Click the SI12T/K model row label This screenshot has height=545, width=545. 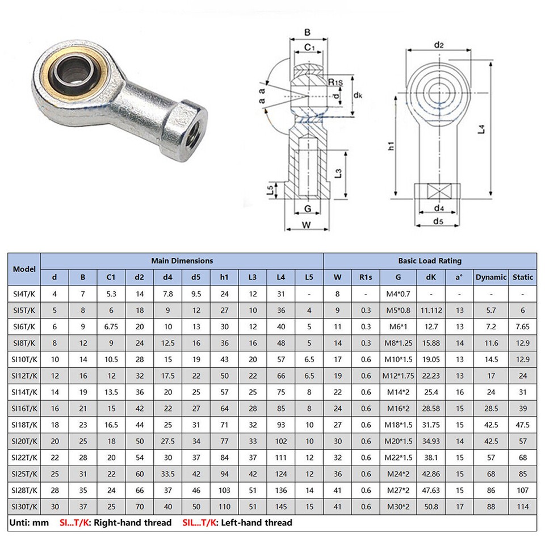click(x=25, y=375)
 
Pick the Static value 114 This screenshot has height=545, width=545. click(x=523, y=506)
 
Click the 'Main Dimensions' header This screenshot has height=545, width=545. click(x=182, y=261)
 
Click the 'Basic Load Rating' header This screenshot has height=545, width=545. click(x=430, y=261)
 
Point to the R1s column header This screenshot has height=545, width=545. click(x=366, y=277)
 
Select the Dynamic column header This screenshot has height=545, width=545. click(x=491, y=277)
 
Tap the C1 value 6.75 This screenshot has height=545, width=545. click(x=111, y=326)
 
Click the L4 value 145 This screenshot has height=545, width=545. click(x=280, y=506)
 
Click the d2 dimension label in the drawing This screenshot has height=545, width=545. click(x=439, y=44)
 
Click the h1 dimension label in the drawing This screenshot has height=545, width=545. click(x=391, y=146)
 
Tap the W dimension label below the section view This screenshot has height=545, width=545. click(x=306, y=225)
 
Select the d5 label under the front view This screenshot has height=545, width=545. click(x=438, y=221)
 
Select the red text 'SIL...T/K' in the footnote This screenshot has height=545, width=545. click(x=203, y=522)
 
